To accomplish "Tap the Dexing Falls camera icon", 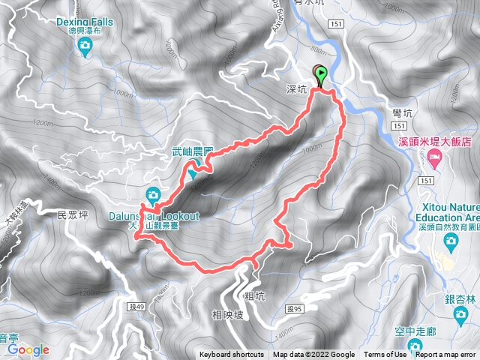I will (85, 46).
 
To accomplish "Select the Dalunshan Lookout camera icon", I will (153, 195).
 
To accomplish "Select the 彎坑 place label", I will (403, 112).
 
